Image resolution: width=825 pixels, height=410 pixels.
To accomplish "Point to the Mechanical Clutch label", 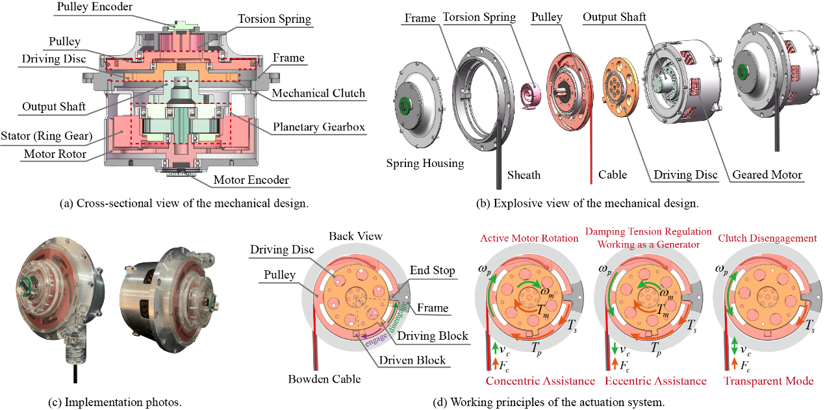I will [x=318, y=94].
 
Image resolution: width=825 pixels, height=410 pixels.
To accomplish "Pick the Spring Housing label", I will [x=425, y=163].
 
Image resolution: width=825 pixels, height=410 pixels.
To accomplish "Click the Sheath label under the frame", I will [x=524, y=175].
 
